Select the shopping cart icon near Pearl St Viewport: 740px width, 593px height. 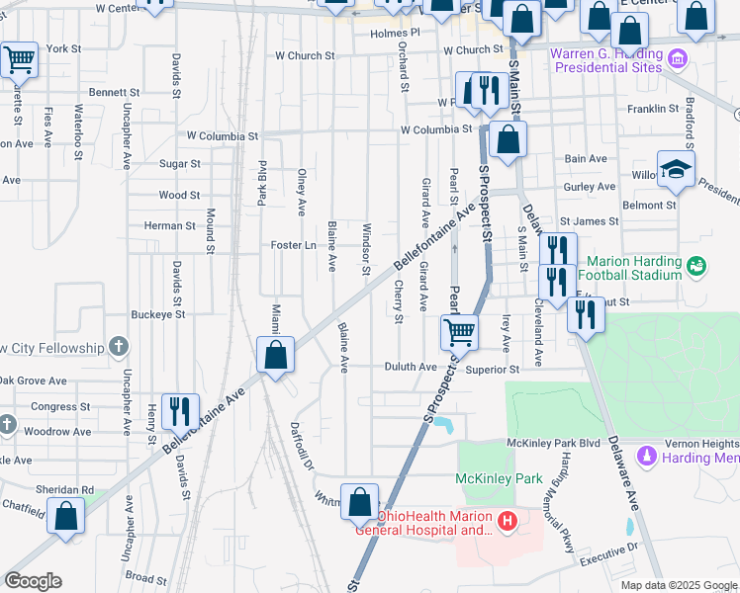point(460,332)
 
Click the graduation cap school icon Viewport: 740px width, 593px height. point(677,169)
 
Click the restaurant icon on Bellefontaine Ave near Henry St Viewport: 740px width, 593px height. point(180,410)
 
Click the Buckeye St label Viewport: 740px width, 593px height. point(158,314)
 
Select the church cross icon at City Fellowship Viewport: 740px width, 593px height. point(119,347)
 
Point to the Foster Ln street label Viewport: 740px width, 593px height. point(293,245)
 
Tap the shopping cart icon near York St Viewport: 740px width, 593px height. point(19,59)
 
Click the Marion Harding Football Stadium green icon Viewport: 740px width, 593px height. point(696,266)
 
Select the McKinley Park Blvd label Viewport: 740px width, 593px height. point(553,443)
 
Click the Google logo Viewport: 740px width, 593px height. point(34,581)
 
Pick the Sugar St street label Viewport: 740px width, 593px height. point(180,163)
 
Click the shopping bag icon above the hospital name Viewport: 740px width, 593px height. point(360,501)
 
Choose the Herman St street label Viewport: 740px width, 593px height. point(169,225)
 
